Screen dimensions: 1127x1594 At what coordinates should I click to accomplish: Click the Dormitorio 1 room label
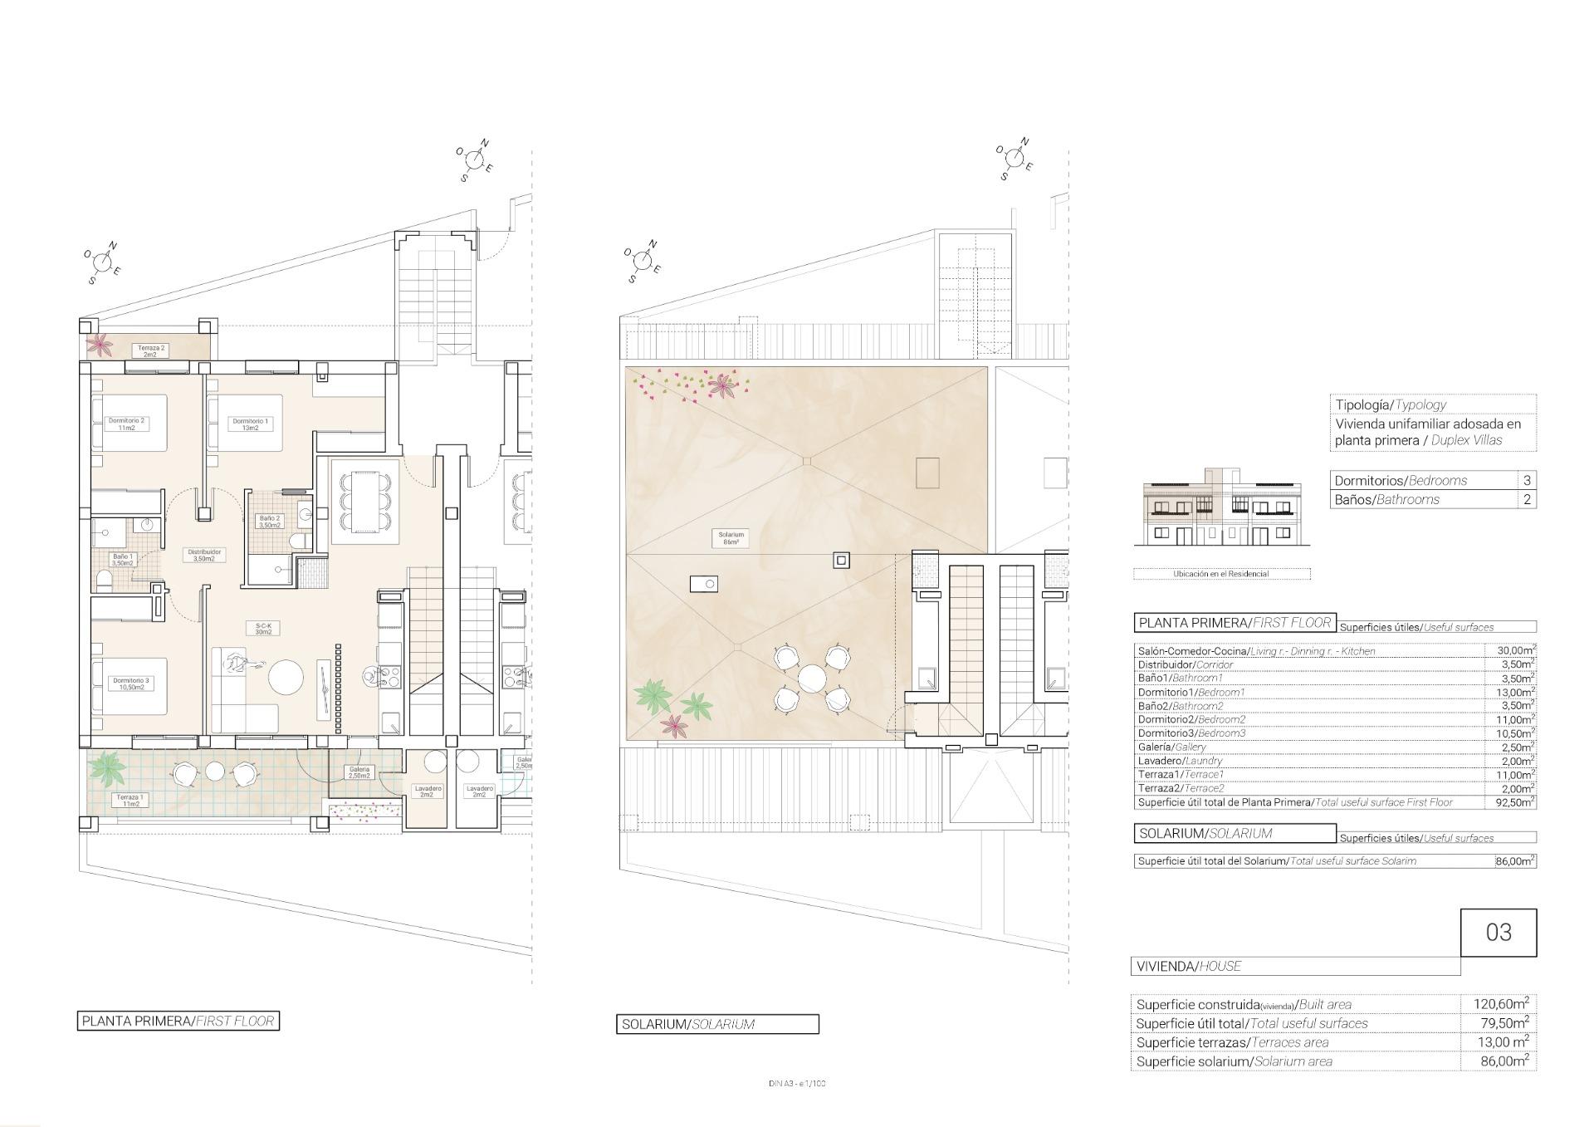click(249, 424)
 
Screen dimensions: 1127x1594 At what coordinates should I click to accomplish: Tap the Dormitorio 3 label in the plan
click(130, 684)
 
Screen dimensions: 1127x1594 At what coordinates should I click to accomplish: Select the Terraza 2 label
click(151, 351)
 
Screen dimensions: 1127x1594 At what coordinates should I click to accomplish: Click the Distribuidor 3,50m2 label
click(204, 555)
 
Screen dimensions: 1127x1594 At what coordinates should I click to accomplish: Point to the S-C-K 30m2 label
click(263, 629)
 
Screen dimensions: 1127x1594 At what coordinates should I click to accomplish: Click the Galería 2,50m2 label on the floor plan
click(359, 772)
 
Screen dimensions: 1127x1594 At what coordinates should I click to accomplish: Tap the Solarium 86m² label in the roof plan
click(731, 538)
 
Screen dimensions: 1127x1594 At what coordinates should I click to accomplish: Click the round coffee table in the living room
click(286, 678)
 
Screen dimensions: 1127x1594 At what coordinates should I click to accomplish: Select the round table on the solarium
click(811, 679)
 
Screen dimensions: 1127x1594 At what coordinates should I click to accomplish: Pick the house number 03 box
click(1498, 932)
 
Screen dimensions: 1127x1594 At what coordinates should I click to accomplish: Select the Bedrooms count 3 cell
click(1526, 480)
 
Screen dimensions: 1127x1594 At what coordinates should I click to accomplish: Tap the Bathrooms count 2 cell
click(1526, 499)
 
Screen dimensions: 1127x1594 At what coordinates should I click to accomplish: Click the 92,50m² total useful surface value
click(1511, 802)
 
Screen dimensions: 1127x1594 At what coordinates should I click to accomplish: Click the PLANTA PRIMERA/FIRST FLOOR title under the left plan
click(178, 1021)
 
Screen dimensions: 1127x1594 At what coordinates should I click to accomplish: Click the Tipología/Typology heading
click(1391, 404)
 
